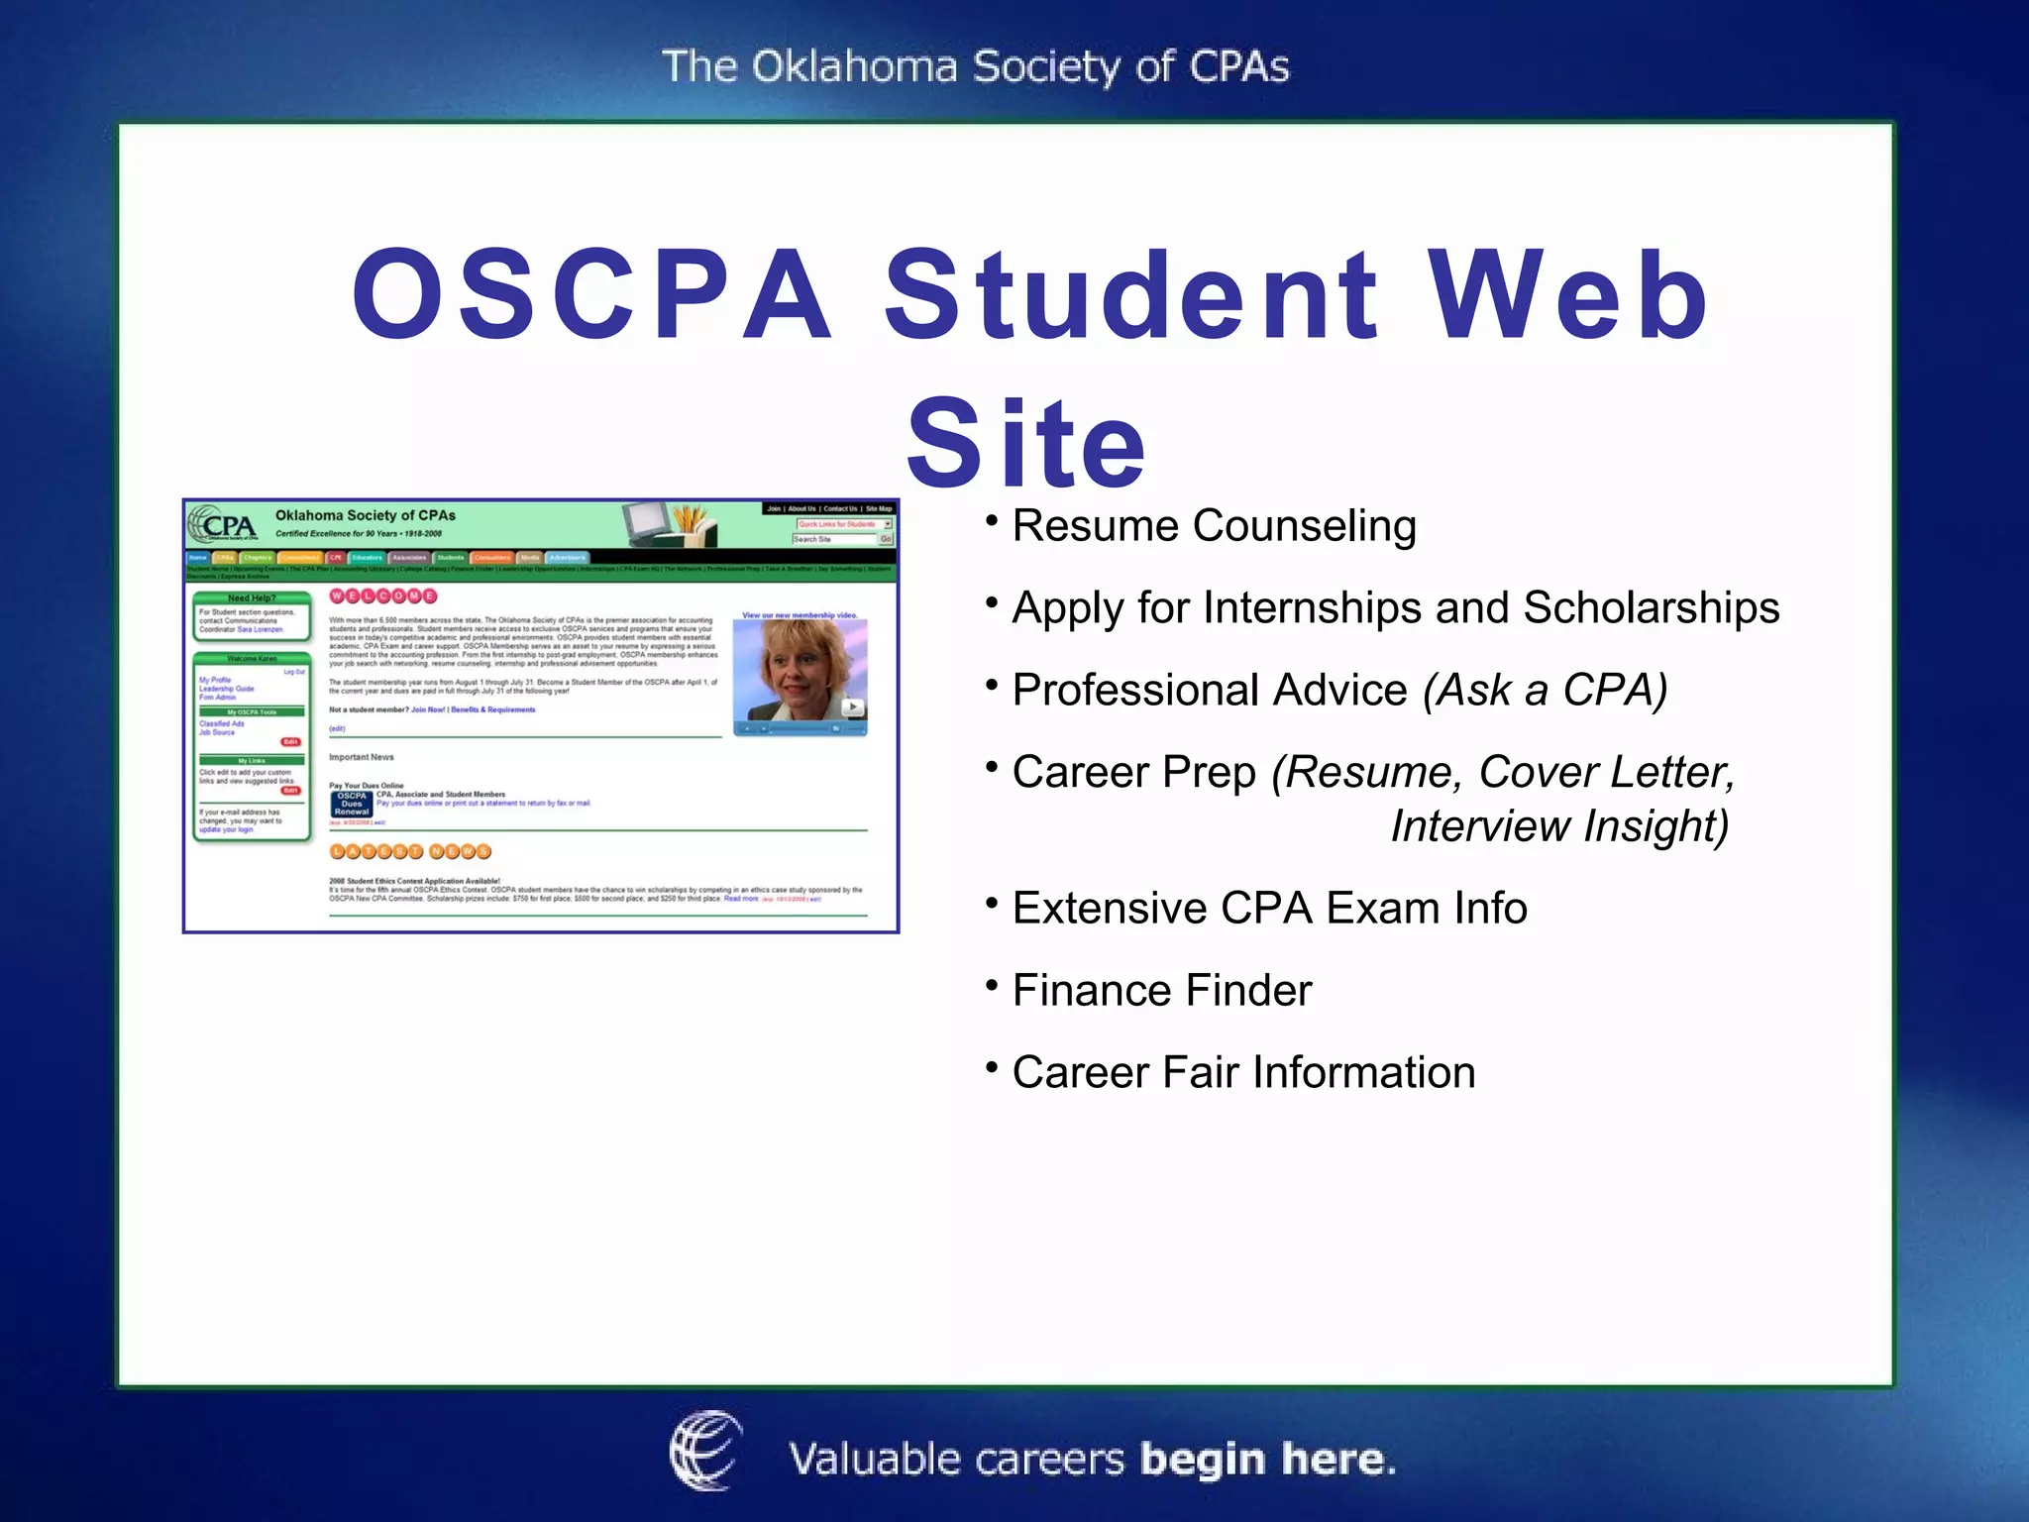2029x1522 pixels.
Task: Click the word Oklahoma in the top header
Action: (x=853, y=67)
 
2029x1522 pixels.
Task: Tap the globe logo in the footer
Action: (x=704, y=1451)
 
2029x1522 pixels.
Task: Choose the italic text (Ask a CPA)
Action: (x=1545, y=690)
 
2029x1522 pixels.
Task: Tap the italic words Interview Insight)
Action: (x=1559, y=825)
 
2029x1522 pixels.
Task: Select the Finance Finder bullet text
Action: (x=1161, y=990)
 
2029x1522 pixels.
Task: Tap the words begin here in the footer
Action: (x=1267, y=1460)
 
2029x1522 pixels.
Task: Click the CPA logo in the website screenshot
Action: (x=224, y=525)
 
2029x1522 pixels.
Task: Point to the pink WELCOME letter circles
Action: (x=382, y=596)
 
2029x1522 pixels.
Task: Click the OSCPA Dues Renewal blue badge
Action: (x=352, y=804)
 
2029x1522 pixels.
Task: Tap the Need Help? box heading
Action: (x=252, y=598)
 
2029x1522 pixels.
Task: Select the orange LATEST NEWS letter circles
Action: (x=410, y=851)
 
